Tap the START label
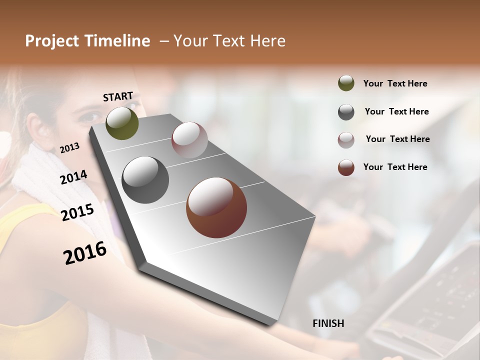[x=118, y=96]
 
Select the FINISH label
[x=328, y=323]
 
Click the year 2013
[x=70, y=148]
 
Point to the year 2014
[x=74, y=177]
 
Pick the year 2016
[x=85, y=253]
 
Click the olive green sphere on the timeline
[x=122, y=123]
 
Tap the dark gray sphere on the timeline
[x=145, y=180]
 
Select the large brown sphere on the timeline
[x=216, y=207]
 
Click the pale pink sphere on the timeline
[x=189, y=140]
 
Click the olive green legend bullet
[x=346, y=83]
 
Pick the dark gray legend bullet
[x=346, y=112]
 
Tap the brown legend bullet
[x=346, y=167]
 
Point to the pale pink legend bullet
[x=346, y=140]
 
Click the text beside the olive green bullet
[x=395, y=84]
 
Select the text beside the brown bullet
[x=395, y=167]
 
